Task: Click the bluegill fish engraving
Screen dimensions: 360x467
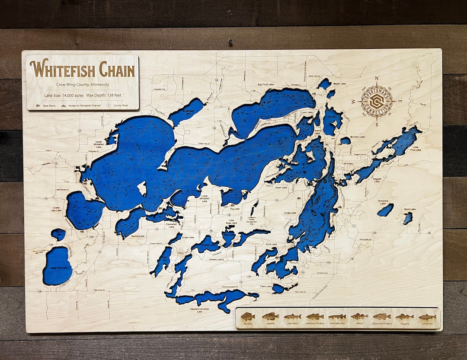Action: pyautogui.click(x=248, y=316)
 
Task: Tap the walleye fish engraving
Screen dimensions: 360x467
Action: pyautogui.click(x=404, y=316)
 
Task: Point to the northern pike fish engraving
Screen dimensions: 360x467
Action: pyautogui.click(x=337, y=316)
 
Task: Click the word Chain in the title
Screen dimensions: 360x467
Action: pyautogui.click(x=116, y=69)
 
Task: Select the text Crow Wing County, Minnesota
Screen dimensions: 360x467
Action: pyautogui.click(x=83, y=84)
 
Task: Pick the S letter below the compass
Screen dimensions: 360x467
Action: pyautogui.click(x=377, y=124)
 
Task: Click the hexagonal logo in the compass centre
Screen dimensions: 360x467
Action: pyautogui.click(x=377, y=101)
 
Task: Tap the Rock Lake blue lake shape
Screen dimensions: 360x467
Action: pyautogui.click(x=408, y=218)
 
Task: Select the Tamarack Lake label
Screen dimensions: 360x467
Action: pyautogui.click(x=383, y=202)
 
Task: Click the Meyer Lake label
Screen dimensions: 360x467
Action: pyautogui.click(x=339, y=83)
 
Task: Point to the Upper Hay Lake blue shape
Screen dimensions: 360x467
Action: pyautogui.click(x=57, y=265)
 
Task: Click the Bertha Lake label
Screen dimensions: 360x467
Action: pyautogui.click(x=138, y=236)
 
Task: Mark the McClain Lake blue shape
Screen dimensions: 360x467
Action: pyautogui.click(x=345, y=140)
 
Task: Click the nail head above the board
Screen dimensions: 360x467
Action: pyautogui.click(x=230, y=42)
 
